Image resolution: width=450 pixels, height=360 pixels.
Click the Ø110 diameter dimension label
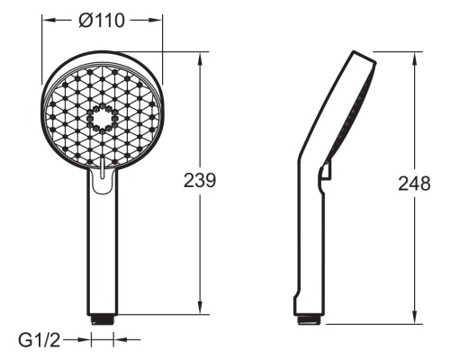coord(102,21)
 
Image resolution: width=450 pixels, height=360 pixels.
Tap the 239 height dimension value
coord(200,181)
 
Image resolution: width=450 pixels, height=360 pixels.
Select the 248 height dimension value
coord(414,184)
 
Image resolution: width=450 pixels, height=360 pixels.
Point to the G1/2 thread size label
coord(40,340)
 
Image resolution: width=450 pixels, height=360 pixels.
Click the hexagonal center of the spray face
coord(103,118)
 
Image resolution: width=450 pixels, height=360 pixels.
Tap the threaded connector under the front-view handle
coord(103,319)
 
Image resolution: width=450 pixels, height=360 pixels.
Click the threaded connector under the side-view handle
coord(311,319)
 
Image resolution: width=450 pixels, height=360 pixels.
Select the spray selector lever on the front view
coord(103,170)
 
